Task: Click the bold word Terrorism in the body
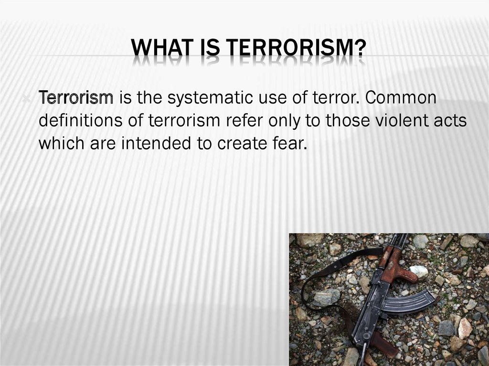click(x=76, y=97)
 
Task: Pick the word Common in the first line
click(x=401, y=97)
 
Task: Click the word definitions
click(x=80, y=121)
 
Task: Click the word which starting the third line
click(x=62, y=144)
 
